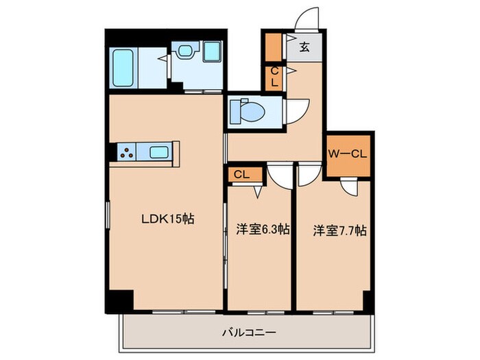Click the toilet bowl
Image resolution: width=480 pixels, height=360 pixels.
pyautogui.click(x=242, y=110)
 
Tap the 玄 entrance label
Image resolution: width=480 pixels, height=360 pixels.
pyautogui.click(x=304, y=48)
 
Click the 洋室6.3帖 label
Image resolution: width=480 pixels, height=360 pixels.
pyautogui.click(x=260, y=230)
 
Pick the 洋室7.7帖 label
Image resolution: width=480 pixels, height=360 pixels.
pyautogui.click(x=339, y=230)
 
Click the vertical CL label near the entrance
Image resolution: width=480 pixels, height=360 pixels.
pyautogui.click(x=274, y=77)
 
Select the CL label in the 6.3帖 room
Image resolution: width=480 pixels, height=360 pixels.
pyautogui.click(x=240, y=174)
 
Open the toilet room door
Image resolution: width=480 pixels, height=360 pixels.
pyautogui.click(x=296, y=110)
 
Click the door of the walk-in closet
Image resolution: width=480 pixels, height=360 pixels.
pyautogui.click(x=350, y=188)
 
